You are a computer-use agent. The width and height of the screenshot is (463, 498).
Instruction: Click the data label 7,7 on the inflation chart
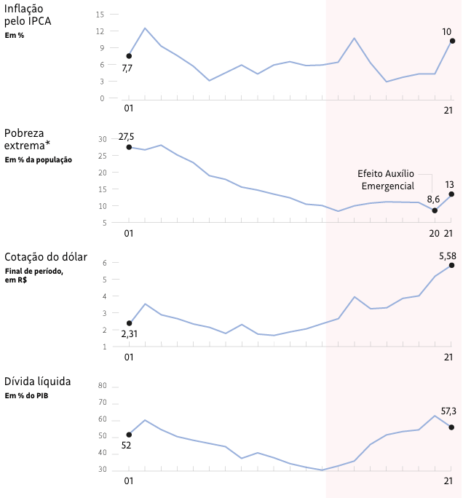point(127,68)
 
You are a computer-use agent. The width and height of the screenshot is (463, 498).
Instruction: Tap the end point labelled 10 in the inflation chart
point(452,41)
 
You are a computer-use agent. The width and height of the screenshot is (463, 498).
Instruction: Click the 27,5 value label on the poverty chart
point(127,138)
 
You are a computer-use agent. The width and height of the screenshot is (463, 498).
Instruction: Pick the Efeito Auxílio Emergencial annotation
point(386,180)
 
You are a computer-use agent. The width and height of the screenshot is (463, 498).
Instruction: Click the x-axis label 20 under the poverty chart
point(435,233)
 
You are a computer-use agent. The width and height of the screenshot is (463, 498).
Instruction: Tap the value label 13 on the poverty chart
point(449,184)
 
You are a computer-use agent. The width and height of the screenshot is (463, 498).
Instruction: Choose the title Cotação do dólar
point(46,257)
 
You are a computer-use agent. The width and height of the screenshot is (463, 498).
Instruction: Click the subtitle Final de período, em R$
point(33,275)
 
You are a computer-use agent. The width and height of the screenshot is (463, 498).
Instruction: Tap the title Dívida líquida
point(38,382)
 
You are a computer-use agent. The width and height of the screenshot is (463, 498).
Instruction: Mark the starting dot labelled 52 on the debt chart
point(129,435)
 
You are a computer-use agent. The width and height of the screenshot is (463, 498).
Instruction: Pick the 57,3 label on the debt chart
point(448,412)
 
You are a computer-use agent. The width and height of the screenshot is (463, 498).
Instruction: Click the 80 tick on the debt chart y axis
point(102,386)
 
